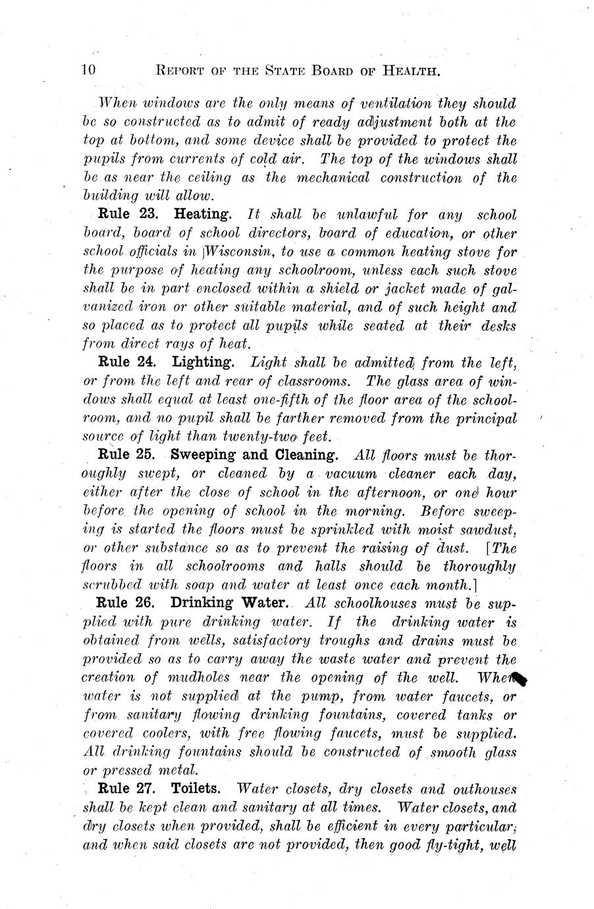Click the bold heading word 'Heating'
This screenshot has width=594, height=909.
(x=202, y=215)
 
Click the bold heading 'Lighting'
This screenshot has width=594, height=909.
(x=203, y=362)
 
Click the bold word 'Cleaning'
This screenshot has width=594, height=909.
(x=306, y=455)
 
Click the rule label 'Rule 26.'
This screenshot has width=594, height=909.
(x=126, y=603)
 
